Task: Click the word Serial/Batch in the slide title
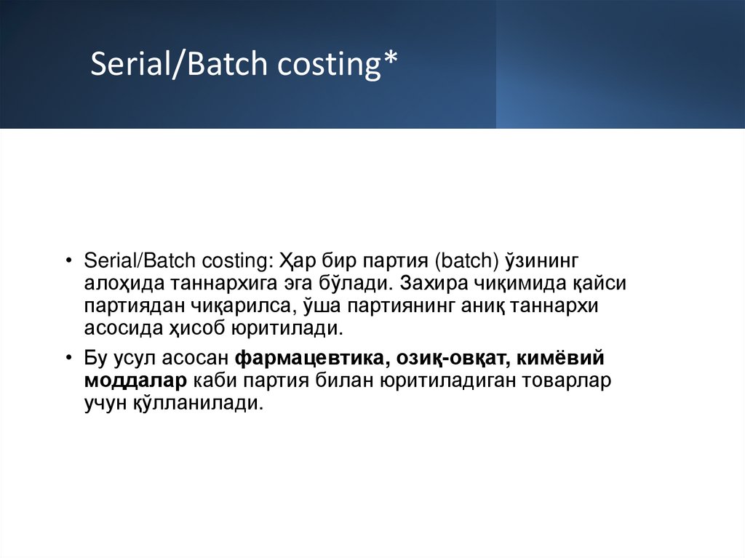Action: click(178, 65)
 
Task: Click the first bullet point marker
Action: click(68, 260)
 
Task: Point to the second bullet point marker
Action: click(68, 358)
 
